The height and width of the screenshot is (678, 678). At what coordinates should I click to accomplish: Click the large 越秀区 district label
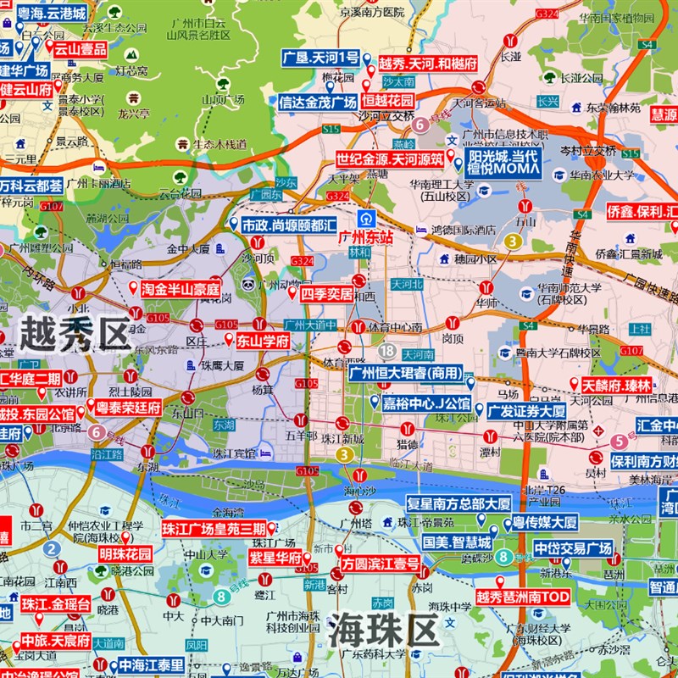tap(76, 333)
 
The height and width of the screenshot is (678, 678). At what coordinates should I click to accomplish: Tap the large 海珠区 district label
tap(384, 631)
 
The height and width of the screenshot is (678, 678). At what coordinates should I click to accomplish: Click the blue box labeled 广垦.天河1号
tap(321, 58)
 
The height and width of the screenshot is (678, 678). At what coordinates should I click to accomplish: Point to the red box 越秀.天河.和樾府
tap(427, 64)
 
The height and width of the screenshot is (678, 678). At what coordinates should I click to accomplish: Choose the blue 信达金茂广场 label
tap(318, 102)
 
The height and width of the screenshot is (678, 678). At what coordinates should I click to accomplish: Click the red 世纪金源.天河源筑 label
tap(389, 158)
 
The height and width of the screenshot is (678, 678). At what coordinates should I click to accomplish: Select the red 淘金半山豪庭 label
tap(181, 288)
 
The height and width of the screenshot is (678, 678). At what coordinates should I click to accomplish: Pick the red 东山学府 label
tap(263, 341)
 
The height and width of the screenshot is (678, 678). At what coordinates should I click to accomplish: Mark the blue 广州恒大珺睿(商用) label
tap(407, 372)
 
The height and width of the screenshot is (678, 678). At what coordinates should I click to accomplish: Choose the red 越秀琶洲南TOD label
tap(523, 597)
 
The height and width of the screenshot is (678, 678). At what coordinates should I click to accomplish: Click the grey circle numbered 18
tap(387, 350)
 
